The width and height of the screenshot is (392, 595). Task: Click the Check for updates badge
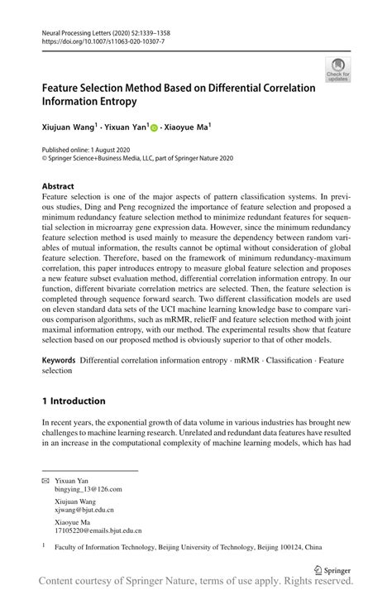(337, 70)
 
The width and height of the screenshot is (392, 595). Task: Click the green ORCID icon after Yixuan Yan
(154, 127)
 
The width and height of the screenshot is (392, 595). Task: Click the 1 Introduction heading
(74, 401)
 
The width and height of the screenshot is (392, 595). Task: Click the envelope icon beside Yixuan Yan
(45, 479)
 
